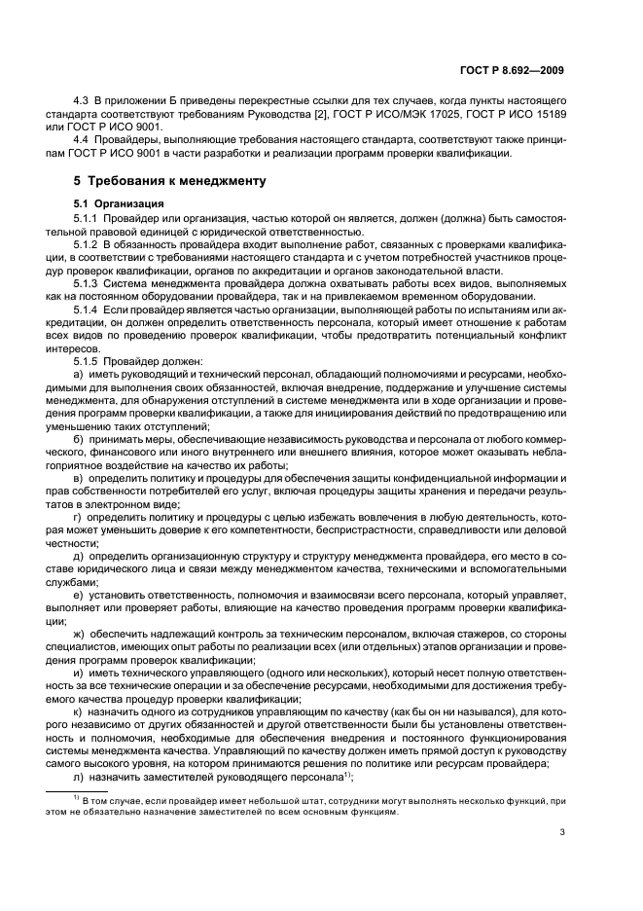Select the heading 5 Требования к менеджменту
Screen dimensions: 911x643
(160, 182)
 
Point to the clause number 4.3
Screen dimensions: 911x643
(83, 101)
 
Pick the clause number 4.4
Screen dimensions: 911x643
(83, 139)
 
